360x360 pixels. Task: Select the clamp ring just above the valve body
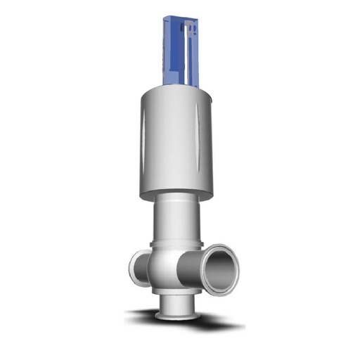click(176, 244)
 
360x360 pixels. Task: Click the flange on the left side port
click(134, 267)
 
